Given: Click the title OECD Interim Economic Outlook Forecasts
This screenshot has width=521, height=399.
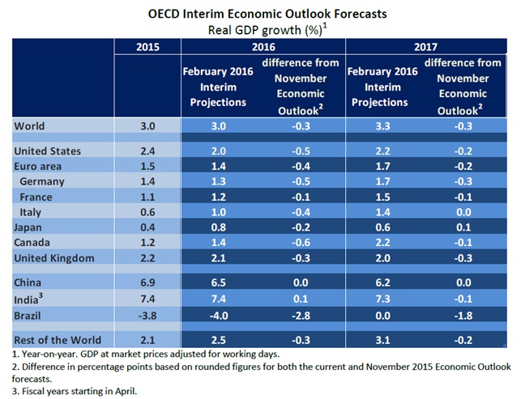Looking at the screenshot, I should coord(261,14).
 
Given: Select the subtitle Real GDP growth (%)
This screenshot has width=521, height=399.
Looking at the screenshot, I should coord(261,29).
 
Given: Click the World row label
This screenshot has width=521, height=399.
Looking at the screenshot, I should coord(31,126).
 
